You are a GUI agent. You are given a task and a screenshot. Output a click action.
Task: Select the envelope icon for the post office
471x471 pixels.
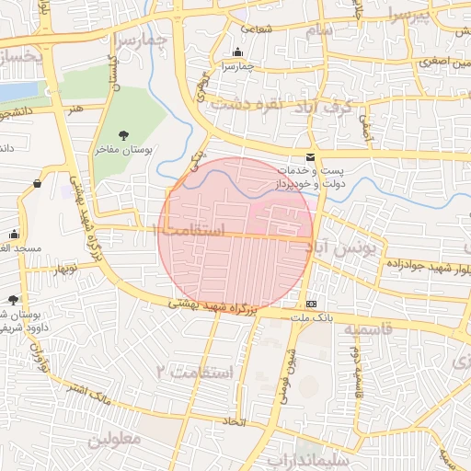(x=309, y=158)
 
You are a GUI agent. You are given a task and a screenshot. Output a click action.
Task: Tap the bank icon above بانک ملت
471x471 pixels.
(x=311, y=304)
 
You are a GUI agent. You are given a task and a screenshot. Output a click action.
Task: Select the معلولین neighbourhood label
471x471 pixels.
(x=117, y=439)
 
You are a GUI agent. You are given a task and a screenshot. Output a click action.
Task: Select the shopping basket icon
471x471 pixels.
(x=37, y=183)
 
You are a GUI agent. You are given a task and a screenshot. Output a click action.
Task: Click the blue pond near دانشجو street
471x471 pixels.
(x=18, y=92)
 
